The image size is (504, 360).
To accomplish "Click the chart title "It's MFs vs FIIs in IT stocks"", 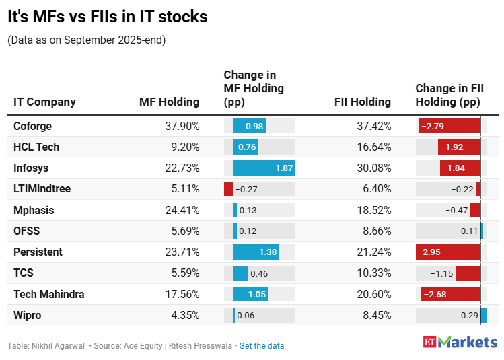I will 108,17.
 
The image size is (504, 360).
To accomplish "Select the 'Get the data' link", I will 261,346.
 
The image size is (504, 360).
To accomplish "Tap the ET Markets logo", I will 460,342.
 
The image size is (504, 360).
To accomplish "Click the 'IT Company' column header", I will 44,102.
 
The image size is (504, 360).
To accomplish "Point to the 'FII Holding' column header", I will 363,102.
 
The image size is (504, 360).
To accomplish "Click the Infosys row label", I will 31,168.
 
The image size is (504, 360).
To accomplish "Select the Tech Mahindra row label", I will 48,293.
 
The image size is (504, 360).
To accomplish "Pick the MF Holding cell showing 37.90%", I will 182,126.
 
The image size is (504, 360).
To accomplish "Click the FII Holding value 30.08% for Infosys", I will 373,168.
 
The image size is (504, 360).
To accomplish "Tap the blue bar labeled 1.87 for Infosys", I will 264,168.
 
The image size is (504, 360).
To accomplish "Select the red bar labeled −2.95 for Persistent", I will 449,252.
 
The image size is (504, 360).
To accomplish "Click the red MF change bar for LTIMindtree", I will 228,189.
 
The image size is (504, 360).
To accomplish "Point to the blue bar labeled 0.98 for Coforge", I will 249,126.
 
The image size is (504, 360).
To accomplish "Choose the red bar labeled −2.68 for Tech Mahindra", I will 451,293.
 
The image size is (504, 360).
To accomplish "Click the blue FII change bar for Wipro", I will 484,315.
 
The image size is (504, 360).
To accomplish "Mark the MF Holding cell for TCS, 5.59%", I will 182,273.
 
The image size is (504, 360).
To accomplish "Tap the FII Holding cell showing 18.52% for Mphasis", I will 373,210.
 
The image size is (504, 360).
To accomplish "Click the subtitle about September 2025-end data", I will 86,40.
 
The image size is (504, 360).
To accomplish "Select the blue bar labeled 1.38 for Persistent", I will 256,252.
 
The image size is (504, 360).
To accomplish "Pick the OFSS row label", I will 27,231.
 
